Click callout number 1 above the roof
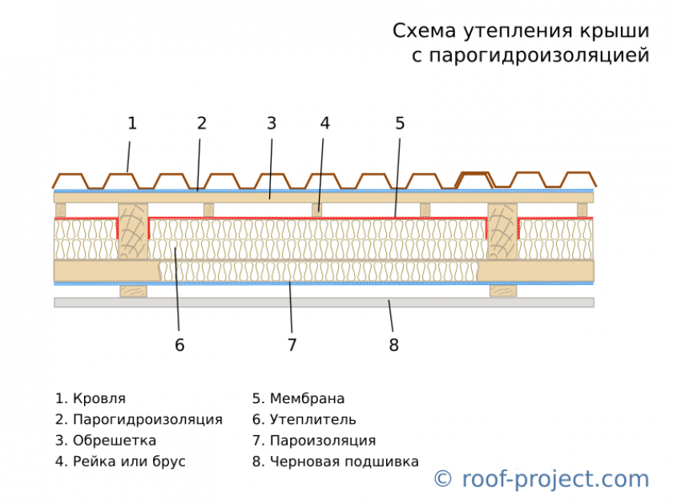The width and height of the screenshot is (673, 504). click(132, 123)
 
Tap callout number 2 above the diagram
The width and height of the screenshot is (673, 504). click(202, 123)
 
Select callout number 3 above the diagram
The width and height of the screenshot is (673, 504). click(272, 123)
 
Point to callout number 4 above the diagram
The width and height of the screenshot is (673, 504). click(324, 123)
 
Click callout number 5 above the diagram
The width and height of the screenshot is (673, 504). click(400, 123)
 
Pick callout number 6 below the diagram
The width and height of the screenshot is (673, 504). click(179, 345)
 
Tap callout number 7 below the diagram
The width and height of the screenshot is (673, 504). click(292, 345)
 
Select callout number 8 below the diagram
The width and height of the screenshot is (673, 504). click(393, 345)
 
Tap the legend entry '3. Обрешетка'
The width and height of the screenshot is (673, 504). click(106, 441)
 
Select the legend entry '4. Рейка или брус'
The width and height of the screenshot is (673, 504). click(120, 462)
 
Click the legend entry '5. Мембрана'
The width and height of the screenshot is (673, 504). click(298, 398)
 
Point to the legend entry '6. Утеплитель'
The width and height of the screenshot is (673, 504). click(304, 419)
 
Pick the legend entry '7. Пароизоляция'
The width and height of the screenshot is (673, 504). click(314, 441)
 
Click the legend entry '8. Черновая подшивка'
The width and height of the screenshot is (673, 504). click(335, 462)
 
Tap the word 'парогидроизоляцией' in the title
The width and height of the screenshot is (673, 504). click(537, 57)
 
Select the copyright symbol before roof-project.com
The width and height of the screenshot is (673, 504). click(442, 479)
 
